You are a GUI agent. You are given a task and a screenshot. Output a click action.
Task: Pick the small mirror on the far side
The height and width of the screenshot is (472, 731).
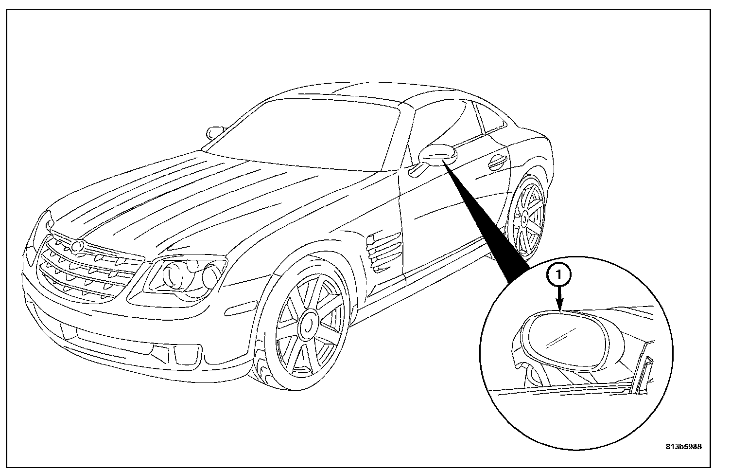click(214, 132)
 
